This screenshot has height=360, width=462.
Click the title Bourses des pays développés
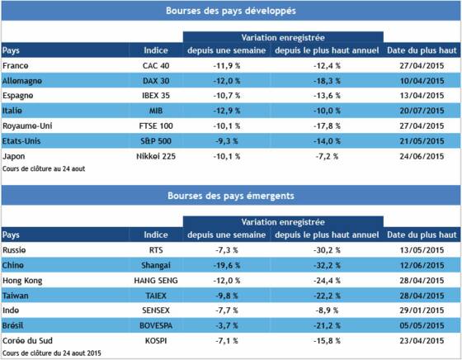tap(231, 11)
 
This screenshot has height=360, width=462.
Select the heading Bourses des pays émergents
tap(231, 196)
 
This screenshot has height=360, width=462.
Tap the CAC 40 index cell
tap(156, 65)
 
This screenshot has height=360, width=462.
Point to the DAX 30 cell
tap(156, 81)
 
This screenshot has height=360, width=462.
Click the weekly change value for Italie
tap(227, 111)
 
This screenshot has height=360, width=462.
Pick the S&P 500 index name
tap(156, 141)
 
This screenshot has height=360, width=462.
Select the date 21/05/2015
tap(422, 141)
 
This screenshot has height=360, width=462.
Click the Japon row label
tap(13, 156)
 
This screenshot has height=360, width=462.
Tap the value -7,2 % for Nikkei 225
tap(327, 156)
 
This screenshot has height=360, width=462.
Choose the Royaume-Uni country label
tap(27, 126)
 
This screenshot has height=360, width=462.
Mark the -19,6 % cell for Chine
tap(227, 265)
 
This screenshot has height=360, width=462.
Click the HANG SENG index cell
tap(156, 281)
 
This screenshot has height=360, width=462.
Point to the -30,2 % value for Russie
tap(327, 250)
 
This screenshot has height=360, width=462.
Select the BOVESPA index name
tap(156, 325)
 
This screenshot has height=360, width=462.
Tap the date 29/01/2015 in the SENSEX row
tap(422, 310)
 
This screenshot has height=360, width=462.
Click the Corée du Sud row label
tap(27, 340)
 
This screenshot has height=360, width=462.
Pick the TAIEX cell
tap(156, 296)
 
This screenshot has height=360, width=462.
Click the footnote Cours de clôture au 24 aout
tap(44, 168)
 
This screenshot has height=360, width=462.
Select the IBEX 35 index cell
tap(156, 96)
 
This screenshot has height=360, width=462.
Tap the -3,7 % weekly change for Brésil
tap(227, 325)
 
